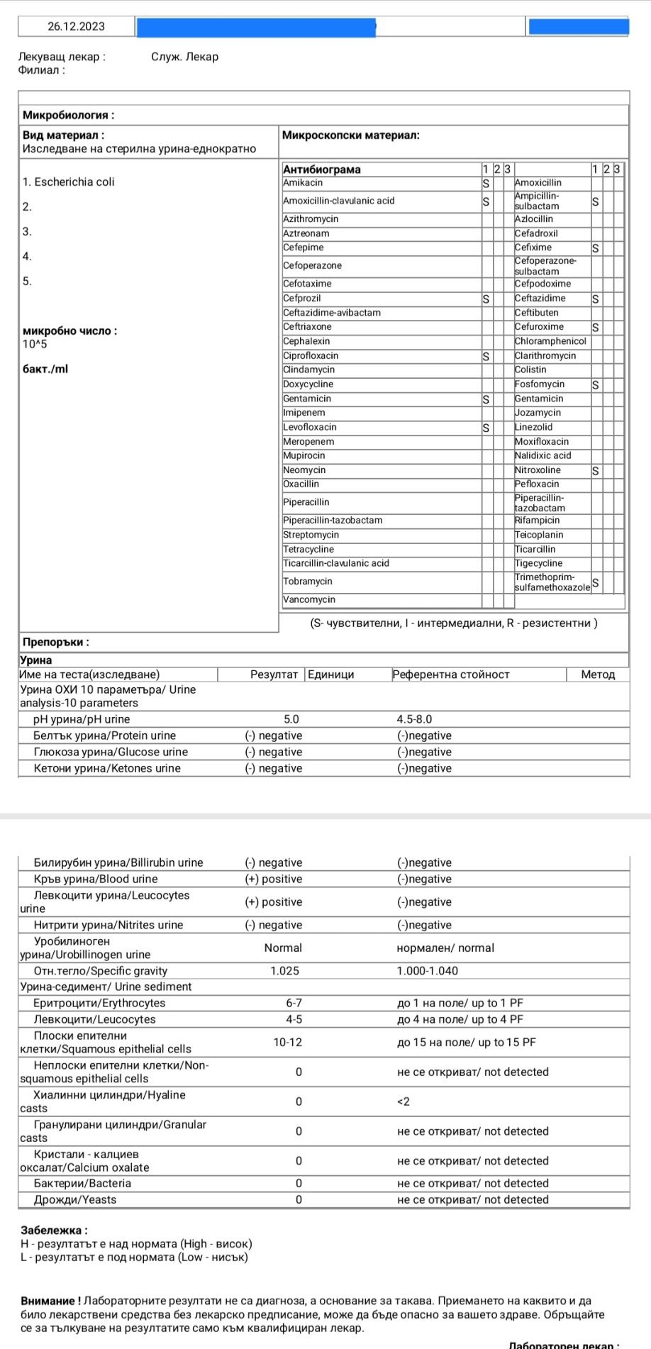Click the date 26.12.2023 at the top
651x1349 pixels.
(76, 26)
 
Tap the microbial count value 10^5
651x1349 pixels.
(35, 345)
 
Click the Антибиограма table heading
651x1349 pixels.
(321, 170)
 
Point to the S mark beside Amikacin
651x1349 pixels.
(486, 183)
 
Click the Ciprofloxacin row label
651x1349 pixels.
(311, 356)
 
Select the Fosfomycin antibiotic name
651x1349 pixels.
(540, 384)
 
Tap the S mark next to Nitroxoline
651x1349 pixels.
(595, 471)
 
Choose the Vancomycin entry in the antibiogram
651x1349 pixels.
(309, 600)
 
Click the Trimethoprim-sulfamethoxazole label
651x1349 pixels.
(552, 582)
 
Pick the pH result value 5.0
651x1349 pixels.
(291, 719)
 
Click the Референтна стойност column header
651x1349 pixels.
(451, 674)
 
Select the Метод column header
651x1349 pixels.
(598, 674)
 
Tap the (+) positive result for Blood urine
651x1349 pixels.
(274, 879)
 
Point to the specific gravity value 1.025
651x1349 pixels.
(284, 971)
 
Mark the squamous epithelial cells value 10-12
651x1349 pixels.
(288, 1043)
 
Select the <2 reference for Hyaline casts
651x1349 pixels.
(404, 1102)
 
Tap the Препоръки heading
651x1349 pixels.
(55, 643)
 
